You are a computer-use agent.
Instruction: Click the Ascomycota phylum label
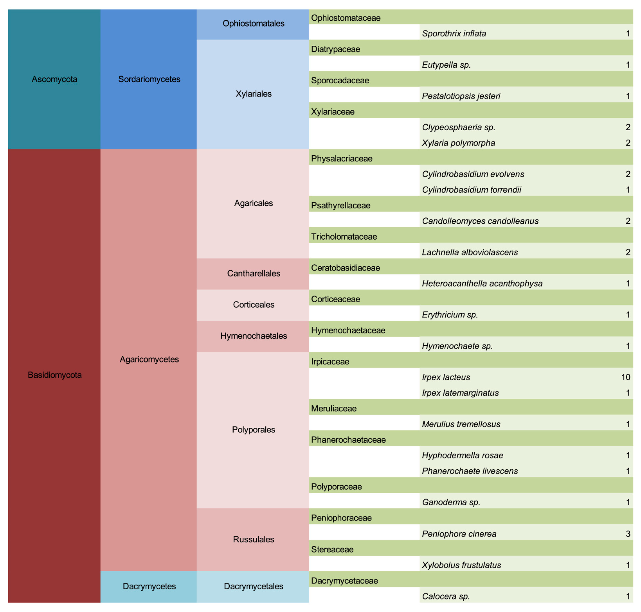54,79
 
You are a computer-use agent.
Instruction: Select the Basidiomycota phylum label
54,375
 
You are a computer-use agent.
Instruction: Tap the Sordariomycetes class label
149,79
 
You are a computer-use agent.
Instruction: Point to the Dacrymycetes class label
149,586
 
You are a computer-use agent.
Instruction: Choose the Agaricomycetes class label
149,359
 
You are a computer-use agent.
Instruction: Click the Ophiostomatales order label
253,23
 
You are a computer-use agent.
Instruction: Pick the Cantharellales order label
253,273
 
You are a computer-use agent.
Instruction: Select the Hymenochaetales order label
253,336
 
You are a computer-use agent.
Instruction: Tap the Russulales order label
253,540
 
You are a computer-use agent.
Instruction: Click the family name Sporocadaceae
340,80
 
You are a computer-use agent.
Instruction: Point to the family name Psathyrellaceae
340,205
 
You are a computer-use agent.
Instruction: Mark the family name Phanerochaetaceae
348,440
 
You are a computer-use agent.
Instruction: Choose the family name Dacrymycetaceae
344,580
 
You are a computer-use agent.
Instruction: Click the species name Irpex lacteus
446,377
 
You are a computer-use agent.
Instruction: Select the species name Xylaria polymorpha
459,143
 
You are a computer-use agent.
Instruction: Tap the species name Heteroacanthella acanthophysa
482,284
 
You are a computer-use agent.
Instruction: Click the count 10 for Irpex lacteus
625,377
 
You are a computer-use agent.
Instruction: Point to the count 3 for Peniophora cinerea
628,534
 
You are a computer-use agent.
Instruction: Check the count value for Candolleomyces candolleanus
628,221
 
